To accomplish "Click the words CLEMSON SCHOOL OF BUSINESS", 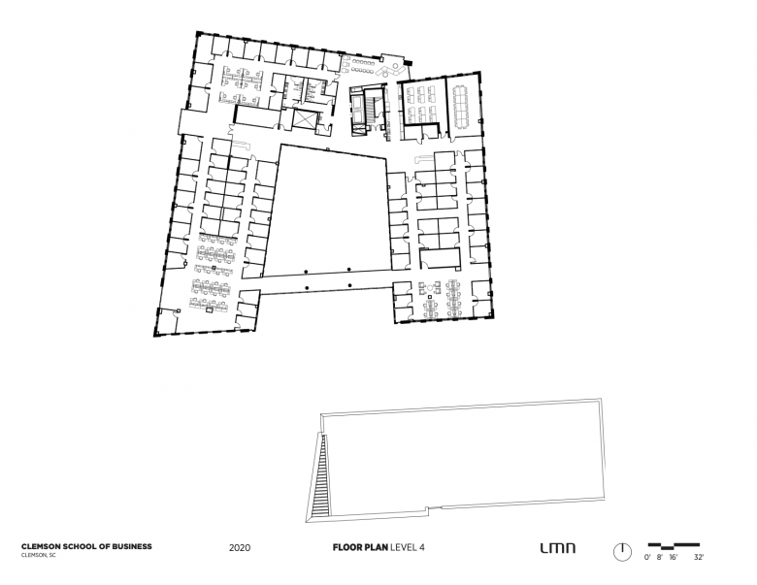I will tap(85, 547).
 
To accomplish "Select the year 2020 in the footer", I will tap(241, 547).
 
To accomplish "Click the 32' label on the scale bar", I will tap(698, 559).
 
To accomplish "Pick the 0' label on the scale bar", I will tap(647, 559).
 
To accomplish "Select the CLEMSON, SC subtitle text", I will tap(38, 556).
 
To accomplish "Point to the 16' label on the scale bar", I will tap(673, 559).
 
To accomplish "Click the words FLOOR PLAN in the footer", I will tap(358, 547).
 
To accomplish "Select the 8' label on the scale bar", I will tap(660, 559).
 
